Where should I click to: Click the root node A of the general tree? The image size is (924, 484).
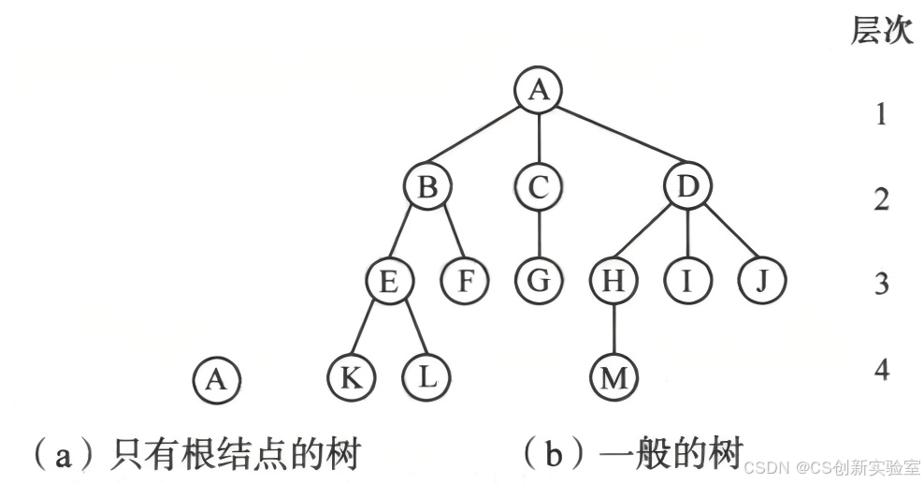click(538, 90)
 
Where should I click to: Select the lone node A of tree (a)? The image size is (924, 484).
click(216, 379)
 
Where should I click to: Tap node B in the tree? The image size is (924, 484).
click(427, 188)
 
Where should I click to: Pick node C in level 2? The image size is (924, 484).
click(538, 188)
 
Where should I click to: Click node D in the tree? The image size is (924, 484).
click(688, 188)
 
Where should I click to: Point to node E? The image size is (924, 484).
click(390, 282)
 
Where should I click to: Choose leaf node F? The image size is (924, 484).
click(465, 282)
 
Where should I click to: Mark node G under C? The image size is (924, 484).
click(538, 282)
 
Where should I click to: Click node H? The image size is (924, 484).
click(614, 282)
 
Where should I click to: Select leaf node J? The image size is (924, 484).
click(761, 282)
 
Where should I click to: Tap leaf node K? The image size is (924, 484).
click(352, 377)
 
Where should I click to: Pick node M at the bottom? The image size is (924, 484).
click(614, 378)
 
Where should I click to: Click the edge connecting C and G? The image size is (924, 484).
click(538, 235)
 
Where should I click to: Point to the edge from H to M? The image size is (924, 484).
click(614, 330)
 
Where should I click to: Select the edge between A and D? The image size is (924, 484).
click(615, 140)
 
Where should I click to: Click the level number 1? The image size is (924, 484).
click(880, 116)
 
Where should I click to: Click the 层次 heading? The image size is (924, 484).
click(881, 31)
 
